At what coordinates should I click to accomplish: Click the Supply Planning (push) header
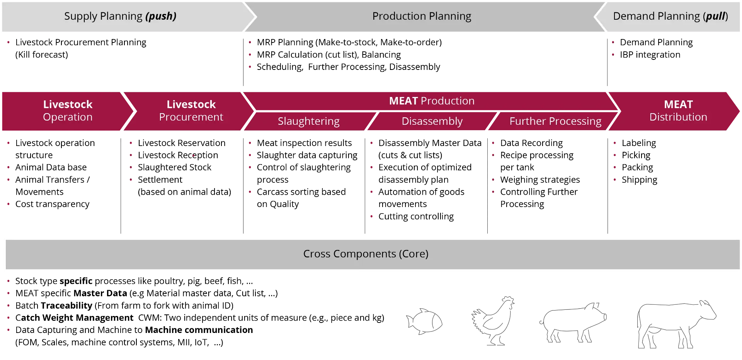click(x=120, y=16)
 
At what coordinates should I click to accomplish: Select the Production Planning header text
click(x=422, y=16)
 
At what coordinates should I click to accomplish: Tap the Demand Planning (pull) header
click(x=670, y=16)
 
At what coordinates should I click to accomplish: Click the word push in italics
click(x=161, y=16)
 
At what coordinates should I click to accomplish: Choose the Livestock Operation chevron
click(x=68, y=111)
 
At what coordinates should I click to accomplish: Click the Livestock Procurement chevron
click(x=191, y=111)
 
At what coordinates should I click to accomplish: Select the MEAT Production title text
click(x=432, y=101)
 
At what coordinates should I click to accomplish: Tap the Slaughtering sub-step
click(x=308, y=121)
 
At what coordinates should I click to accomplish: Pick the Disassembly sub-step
click(x=432, y=121)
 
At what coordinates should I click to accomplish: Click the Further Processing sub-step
click(x=555, y=121)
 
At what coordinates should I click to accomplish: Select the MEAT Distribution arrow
click(x=678, y=111)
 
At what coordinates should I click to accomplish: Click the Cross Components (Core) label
click(x=366, y=254)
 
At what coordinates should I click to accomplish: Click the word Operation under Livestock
click(x=68, y=117)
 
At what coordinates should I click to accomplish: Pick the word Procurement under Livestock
click(x=191, y=117)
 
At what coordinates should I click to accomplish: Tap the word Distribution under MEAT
click(x=678, y=117)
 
